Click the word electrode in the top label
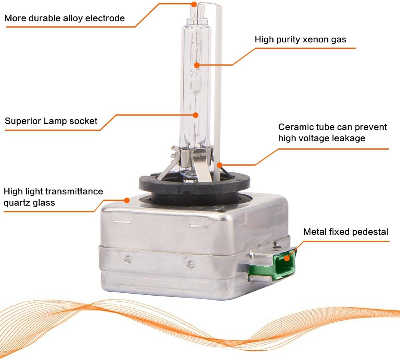click(105, 18)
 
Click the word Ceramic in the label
click(292, 127)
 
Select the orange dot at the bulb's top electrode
click(194, 4)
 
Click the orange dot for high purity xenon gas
click(197, 65)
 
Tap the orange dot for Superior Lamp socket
click(196, 115)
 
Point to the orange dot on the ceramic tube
click(219, 165)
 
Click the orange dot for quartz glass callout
click(126, 200)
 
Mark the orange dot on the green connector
click(287, 258)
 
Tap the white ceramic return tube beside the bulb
click(218, 92)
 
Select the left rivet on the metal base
click(128, 260)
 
